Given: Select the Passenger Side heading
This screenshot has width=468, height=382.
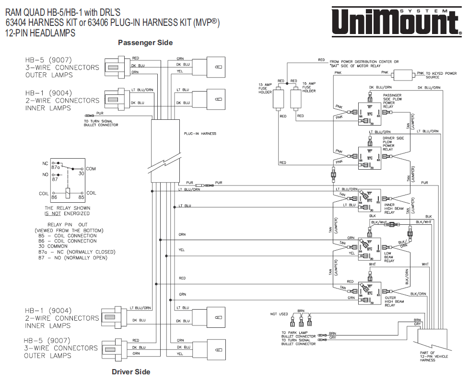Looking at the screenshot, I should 145,43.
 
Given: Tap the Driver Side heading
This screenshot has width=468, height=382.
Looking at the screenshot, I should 131,372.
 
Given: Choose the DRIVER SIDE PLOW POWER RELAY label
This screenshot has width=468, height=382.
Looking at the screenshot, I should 392,144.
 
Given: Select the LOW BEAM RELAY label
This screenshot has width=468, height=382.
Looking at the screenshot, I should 389,257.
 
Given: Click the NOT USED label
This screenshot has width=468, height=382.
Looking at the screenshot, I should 279,314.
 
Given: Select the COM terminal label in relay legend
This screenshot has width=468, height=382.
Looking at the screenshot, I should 91,169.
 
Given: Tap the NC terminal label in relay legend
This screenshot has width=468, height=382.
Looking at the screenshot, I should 46,163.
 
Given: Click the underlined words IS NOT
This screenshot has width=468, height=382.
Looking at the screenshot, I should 52,213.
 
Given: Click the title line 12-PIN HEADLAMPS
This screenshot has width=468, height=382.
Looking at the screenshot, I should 40,33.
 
